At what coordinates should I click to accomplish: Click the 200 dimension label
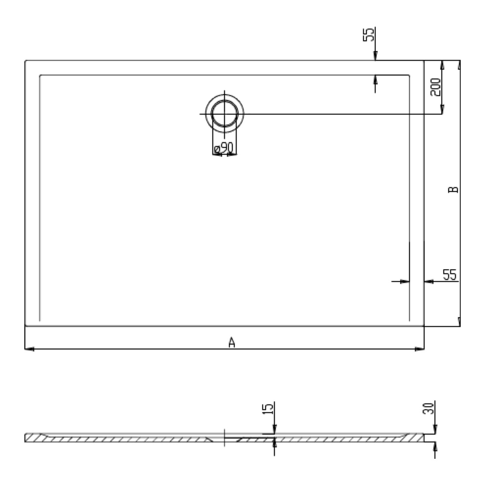point(436,87)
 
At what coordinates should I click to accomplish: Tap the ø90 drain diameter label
point(225,147)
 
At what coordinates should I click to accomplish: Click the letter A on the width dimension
point(232,342)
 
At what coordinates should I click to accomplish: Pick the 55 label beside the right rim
point(450,275)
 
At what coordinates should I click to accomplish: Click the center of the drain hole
point(225,113)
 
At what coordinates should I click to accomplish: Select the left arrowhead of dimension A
point(28,349)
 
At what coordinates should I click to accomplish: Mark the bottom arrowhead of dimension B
point(459,323)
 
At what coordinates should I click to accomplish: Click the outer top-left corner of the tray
point(25,61)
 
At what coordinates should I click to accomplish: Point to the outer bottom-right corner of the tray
point(424,326)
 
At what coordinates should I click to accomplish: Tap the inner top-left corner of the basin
point(39,75)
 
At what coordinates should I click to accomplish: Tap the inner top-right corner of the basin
point(410,75)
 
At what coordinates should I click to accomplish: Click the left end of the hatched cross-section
point(26,438)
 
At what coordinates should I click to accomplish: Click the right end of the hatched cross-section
point(422,438)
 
